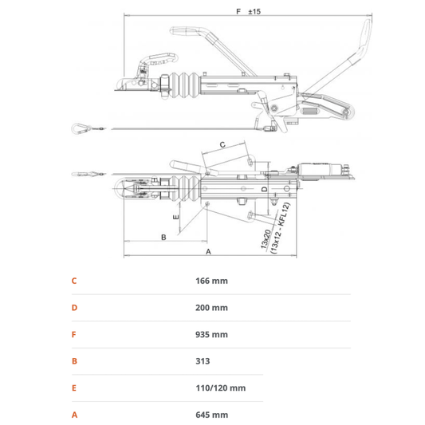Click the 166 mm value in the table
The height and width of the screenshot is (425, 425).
point(211,281)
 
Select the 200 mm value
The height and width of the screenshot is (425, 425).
point(211,308)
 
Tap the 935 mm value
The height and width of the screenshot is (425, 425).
point(211,334)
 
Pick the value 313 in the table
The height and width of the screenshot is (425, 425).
point(203,361)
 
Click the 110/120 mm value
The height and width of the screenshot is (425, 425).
point(221,388)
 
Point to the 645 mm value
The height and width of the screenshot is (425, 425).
point(211,415)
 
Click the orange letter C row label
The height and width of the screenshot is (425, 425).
point(74,281)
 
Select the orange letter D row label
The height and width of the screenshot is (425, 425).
point(74,308)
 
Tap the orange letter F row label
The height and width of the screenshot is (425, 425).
point(73,334)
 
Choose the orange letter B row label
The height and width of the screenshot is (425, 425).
point(74,361)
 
